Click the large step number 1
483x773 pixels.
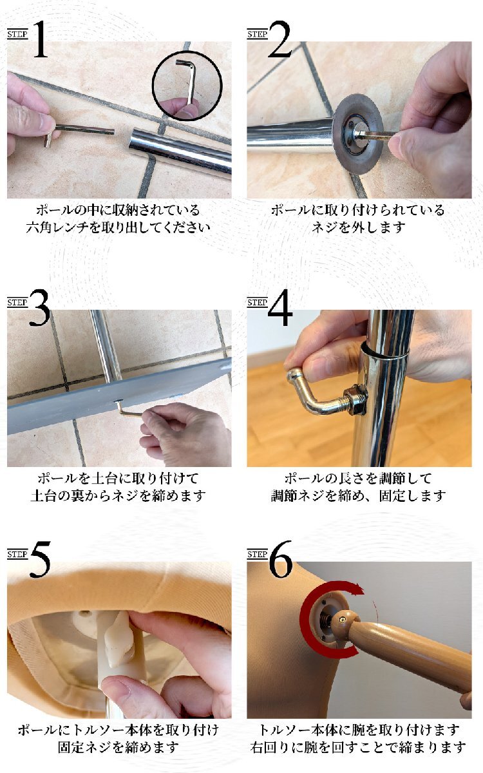click(x=41, y=39)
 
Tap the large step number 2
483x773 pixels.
click(x=279, y=39)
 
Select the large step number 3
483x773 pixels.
click(x=40, y=308)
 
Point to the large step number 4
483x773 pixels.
click(x=280, y=308)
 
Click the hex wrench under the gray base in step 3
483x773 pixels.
click(x=128, y=408)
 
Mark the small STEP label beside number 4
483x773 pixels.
click(x=258, y=303)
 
